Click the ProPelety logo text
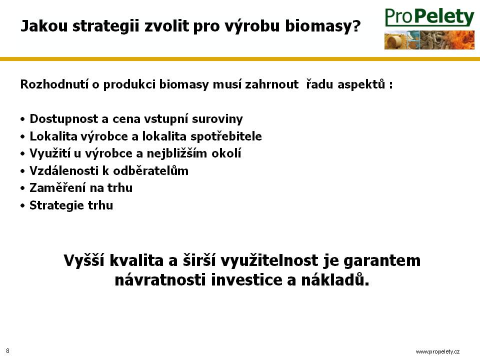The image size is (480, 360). [x=429, y=17]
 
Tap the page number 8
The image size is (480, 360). [x=7, y=351]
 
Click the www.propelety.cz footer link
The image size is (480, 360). [x=437, y=351]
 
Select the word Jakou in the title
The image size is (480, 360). [x=44, y=25]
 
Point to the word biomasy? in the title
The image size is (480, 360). [x=323, y=26]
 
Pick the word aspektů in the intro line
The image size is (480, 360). [x=361, y=84]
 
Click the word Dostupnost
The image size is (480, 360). [x=63, y=119]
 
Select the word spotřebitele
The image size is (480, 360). [x=226, y=136]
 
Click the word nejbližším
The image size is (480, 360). [x=177, y=153]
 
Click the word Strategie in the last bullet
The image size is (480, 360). [x=57, y=205]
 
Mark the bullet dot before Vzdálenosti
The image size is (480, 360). [x=22, y=171]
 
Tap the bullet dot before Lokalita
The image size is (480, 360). [x=22, y=136]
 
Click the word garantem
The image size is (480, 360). [x=382, y=261]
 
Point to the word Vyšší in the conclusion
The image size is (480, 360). [x=84, y=260]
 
